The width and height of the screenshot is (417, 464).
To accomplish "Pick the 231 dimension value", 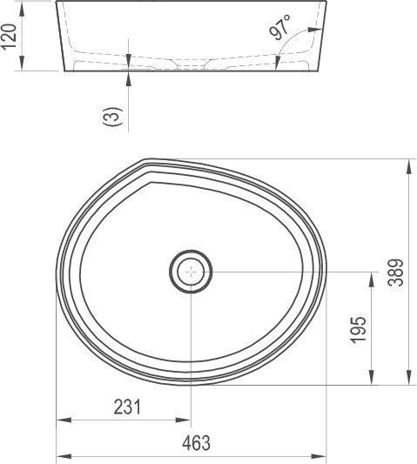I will point(126,407).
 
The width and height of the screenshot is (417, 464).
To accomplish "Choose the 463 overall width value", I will point(197,443).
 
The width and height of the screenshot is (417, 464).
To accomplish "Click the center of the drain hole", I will point(191,271).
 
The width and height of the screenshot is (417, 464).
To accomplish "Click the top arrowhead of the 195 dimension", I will point(372,277).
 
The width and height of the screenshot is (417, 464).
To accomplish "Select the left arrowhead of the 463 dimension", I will point(62,454).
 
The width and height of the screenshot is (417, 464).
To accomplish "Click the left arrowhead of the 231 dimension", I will point(62,421).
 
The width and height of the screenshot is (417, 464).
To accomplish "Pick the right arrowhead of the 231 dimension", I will point(185,421).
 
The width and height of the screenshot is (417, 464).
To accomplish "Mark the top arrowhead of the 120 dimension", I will point(24,6).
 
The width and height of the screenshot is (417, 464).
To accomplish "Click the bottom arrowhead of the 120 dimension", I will point(24,65).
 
